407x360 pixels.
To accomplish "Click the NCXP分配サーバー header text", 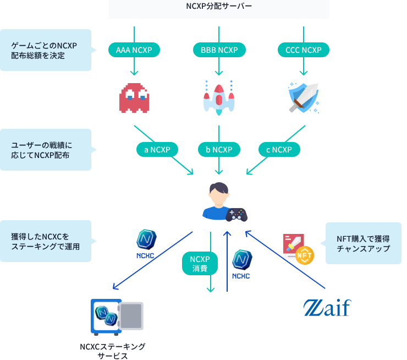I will click(219, 7).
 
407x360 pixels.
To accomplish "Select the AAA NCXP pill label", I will click(134, 50).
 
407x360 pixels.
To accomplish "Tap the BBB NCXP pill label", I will click(219, 50).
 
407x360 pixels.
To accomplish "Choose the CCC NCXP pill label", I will click(303, 50).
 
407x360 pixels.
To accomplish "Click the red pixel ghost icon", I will click(134, 97).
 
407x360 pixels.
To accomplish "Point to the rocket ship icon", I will click(219, 97).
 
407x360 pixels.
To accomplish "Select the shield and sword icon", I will click(303, 97).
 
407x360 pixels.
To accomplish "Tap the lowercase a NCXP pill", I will click(157, 149).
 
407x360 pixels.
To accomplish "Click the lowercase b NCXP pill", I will click(219, 149).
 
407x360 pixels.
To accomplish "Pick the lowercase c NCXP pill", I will click(279, 149).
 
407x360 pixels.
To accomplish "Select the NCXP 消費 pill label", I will click(200, 264).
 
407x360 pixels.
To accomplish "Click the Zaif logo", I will click(327, 308).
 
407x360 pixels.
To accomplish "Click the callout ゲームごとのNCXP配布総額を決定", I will click(45, 50).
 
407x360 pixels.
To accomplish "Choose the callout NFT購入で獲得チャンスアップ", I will click(363, 243).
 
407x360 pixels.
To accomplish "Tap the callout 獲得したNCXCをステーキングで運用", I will click(45, 241).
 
